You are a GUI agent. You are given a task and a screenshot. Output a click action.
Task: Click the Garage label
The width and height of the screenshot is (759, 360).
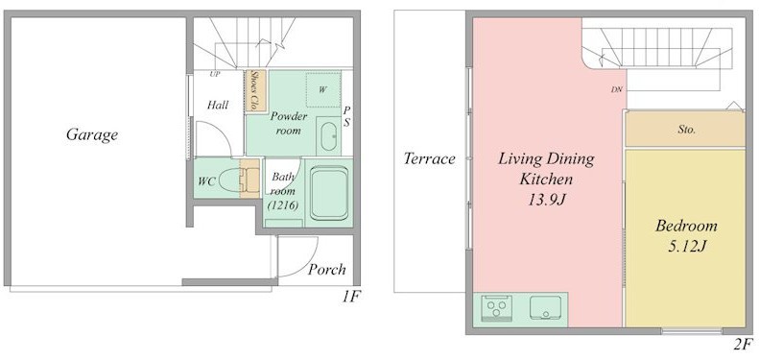pyautogui.click(x=92, y=134)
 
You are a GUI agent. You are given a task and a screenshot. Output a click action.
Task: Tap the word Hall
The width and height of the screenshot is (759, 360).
pyautogui.click(x=218, y=105)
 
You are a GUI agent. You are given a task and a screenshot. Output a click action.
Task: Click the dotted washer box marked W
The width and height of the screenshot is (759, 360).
pyautogui.click(x=322, y=89)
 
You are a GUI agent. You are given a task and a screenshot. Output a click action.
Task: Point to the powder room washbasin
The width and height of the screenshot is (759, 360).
pyautogui.click(x=329, y=136)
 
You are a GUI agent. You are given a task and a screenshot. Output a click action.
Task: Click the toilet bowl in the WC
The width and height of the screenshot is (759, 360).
pyautogui.click(x=230, y=180)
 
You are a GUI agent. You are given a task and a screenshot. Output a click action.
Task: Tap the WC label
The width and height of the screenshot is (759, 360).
pyautogui.click(x=206, y=181)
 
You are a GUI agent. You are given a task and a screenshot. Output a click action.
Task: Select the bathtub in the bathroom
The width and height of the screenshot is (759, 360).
pyautogui.click(x=329, y=193)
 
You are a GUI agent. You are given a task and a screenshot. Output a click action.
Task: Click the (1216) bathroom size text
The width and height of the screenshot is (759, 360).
pyautogui.click(x=282, y=204)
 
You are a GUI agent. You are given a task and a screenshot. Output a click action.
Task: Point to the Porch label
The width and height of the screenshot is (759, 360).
pyautogui.click(x=327, y=270)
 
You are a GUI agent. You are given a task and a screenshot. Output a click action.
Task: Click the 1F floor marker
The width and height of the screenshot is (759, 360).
pyautogui.click(x=350, y=296)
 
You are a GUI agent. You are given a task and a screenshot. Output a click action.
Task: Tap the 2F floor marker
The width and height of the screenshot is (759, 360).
pyautogui.click(x=744, y=345)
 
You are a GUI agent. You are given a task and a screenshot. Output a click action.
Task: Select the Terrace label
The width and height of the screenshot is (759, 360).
pyautogui.click(x=429, y=158)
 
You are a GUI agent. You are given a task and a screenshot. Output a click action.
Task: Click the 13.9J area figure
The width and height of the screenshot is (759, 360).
pyautogui.click(x=546, y=199)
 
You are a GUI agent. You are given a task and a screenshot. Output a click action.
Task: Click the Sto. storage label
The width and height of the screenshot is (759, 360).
pyautogui.click(x=686, y=130)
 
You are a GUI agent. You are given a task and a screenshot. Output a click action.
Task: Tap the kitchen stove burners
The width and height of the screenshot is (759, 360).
pyautogui.click(x=497, y=307)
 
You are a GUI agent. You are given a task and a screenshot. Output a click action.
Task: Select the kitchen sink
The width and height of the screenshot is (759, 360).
pyautogui.click(x=546, y=307)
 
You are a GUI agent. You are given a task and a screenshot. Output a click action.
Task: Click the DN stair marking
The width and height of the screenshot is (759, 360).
pyautogui.click(x=616, y=89)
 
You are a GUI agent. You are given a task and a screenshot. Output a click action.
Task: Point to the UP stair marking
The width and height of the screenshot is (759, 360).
pyautogui.click(x=215, y=74)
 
